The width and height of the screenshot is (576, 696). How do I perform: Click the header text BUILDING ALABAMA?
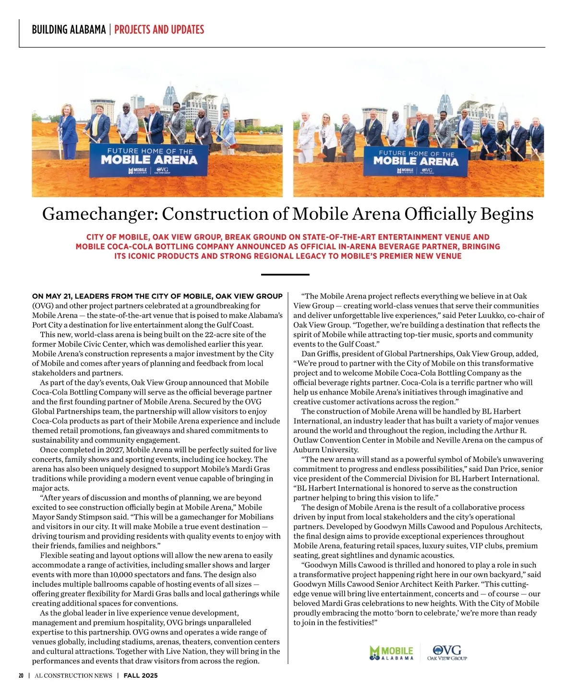(x=69, y=30)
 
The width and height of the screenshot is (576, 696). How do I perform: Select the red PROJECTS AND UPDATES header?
(x=159, y=30)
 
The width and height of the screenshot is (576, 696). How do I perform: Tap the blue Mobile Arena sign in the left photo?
(x=149, y=161)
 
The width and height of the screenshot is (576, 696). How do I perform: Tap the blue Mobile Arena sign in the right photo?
(x=416, y=162)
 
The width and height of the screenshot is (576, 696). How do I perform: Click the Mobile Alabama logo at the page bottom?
(x=391, y=653)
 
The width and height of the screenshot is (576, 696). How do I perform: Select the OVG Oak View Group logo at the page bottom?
(x=447, y=653)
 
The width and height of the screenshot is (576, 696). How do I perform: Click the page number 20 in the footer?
(x=21, y=675)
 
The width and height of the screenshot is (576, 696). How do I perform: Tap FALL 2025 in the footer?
(x=141, y=675)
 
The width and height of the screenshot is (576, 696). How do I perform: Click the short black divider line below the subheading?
(x=285, y=275)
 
